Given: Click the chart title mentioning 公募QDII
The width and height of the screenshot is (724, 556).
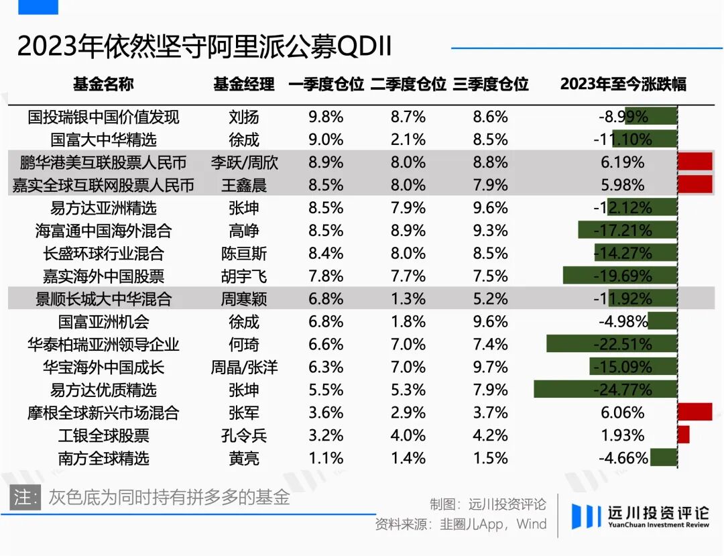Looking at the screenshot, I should pos(204,47).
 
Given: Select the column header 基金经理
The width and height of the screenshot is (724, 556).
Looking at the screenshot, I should pos(244,84).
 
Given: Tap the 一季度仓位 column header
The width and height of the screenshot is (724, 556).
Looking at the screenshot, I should pos(326,84).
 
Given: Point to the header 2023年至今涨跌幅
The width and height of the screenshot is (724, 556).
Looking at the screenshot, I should pos(623,84).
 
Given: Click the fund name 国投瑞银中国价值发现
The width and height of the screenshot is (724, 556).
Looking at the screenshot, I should pos(104,117).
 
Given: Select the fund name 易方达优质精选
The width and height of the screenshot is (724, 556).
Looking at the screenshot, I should pos(104,390).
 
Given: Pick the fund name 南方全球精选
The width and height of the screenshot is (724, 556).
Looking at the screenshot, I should pos(104,459).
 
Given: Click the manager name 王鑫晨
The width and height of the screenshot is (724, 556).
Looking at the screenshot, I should pos(244,186).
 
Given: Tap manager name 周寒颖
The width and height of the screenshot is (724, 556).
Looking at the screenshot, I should pos(244,299).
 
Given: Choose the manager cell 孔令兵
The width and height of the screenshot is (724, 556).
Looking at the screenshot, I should pos(244,436).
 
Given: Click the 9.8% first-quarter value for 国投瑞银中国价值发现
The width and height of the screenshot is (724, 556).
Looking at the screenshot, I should pos(326,117).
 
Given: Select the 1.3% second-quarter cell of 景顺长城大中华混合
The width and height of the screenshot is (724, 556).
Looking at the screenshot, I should pos(408,299).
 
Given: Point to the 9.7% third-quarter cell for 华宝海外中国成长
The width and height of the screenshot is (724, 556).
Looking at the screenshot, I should pos(491,368).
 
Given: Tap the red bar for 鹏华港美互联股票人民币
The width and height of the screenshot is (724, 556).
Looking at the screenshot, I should pos(695,162).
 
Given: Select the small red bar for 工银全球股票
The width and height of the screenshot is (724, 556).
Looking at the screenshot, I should pos(683,435).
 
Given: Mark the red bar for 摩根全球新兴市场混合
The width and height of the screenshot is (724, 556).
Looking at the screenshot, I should pos(695,412).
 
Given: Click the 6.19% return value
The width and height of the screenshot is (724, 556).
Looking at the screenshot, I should pos(623,162).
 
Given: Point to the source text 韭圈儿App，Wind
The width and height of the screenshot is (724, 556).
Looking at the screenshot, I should pos(493,524).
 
